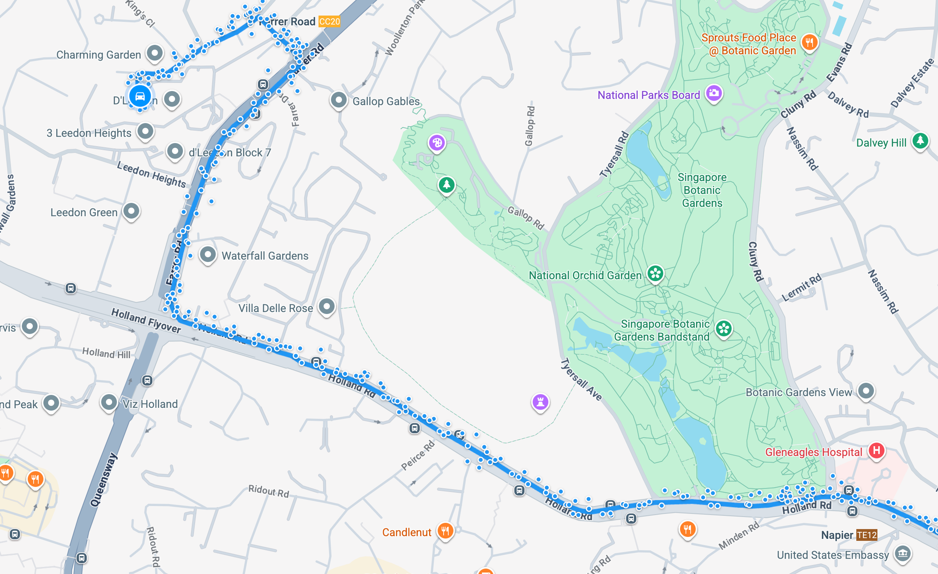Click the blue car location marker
(x=140, y=96)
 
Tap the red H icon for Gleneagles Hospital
(x=876, y=451)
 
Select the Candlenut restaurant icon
(x=445, y=531)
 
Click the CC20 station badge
(x=329, y=22)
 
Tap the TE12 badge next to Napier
(x=866, y=535)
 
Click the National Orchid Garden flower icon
(x=655, y=273)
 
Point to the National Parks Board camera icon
(x=714, y=93)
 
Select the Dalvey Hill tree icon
(x=920, y=140)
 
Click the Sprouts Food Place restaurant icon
(x=809, y=42)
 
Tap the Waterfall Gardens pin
(x=208, y=255)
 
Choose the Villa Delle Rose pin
(x=327, y=306)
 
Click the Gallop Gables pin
(x=339, y=99)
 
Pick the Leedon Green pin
(x=131, y=211)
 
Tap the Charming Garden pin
(x=155, y=53)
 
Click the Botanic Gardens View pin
(x=866, y=390)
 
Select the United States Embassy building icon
(x=902, y=553)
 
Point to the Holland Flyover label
(x=146, y=321)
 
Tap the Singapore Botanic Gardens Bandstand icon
(x=724, y=329)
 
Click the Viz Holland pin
(x=109, y=402)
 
